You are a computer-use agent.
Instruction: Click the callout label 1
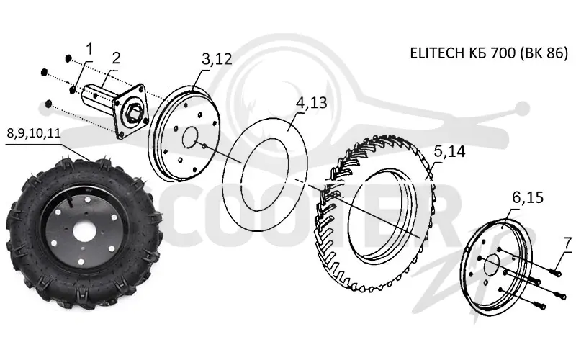89,49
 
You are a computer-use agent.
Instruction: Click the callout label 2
116,58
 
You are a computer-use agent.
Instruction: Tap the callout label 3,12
217,59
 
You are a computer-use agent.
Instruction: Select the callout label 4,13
311,103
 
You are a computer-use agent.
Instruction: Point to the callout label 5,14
449,151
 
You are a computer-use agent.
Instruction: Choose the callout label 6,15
528,198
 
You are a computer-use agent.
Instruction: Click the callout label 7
568,243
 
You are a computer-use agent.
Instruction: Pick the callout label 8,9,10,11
34,132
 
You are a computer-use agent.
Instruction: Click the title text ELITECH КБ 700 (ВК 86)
489,53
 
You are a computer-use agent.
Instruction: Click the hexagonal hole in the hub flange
133,110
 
